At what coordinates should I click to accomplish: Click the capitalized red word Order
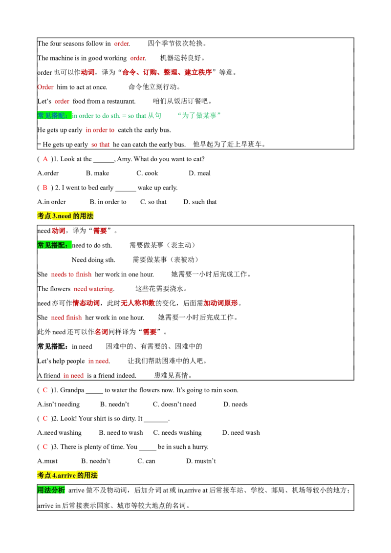46,86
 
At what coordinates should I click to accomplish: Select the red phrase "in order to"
100,129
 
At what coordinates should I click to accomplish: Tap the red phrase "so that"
100,145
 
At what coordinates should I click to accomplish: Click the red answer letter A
45,159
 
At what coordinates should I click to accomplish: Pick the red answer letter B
45,188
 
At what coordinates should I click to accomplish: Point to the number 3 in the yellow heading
54,216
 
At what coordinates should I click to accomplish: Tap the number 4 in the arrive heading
54,475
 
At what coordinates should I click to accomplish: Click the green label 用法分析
51,490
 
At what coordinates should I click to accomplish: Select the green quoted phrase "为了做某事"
200,116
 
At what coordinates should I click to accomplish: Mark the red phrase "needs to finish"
72,274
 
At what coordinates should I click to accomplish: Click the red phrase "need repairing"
93,289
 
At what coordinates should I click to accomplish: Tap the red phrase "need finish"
66,317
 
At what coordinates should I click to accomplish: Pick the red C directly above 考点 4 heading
45,446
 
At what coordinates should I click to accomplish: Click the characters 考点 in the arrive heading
44,475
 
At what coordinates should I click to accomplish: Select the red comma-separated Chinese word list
167,72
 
